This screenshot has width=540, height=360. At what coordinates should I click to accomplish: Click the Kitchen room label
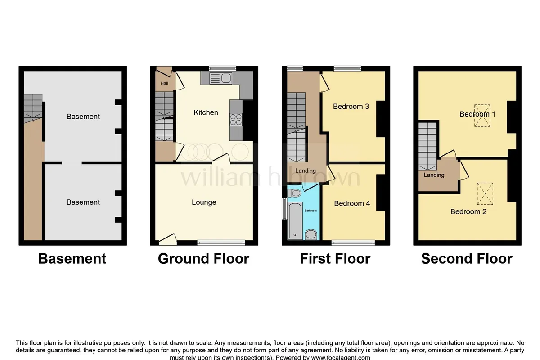click(206, 112)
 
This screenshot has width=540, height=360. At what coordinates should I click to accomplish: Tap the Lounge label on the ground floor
click(204, 202)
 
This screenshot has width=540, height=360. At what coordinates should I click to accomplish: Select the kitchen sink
click(221, 78)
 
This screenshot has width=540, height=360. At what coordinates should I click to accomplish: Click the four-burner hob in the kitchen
click(236, 120)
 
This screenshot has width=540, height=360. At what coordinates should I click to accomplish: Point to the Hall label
click(164, 83)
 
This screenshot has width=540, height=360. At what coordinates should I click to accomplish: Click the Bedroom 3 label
click(351, 107)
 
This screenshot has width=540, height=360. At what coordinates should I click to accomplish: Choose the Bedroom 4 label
click(352, 203)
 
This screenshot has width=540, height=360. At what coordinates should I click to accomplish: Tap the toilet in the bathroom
click(294, 193)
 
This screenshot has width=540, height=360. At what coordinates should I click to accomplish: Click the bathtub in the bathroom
click(295, 221)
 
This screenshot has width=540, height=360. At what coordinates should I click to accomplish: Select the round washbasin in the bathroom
click(311, 234)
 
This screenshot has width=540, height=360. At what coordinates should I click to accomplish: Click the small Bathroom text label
click(311, 211)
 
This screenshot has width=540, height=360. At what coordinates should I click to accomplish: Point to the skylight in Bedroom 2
click(485, 193)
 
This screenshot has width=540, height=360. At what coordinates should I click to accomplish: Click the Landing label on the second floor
click(434, 175)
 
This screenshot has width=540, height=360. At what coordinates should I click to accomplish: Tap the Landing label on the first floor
click(306, 171)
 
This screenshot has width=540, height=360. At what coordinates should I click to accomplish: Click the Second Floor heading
click(467, 259)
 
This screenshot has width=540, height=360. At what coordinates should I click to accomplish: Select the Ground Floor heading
click(203, 259)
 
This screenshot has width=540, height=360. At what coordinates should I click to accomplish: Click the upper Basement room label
click(83, 117)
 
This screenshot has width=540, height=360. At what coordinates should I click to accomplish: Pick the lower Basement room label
click(83, 202)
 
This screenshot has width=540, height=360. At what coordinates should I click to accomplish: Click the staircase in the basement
click(33, 108)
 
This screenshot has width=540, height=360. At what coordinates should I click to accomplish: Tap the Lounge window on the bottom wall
click(221, 243)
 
